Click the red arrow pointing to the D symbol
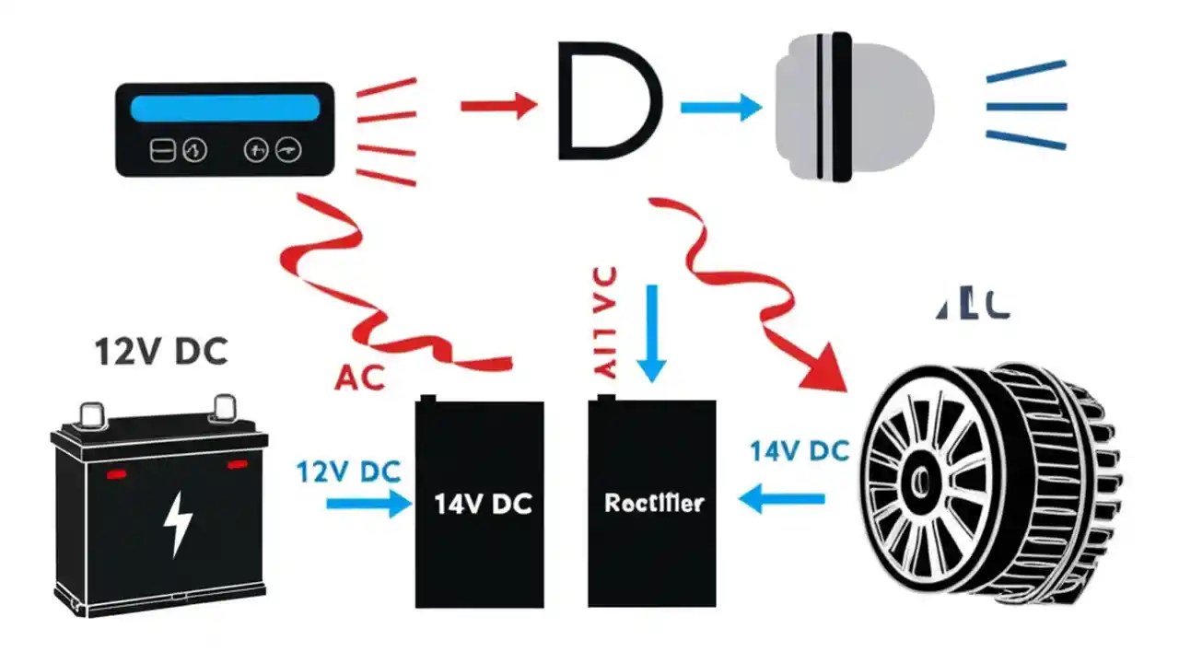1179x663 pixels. point(498,106)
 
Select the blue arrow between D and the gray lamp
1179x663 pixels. point(720,108)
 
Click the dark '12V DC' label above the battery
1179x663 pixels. point(161,353)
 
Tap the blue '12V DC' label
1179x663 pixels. point(348,471)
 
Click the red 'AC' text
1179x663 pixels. point(359,377)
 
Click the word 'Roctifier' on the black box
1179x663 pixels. point(654,503)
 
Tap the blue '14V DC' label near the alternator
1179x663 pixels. point(799,451)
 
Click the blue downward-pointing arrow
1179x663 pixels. point(652,332)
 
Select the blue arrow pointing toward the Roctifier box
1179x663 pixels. point(782,500)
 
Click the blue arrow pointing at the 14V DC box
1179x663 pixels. point(368,503)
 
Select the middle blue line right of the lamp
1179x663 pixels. point(1026,107)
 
